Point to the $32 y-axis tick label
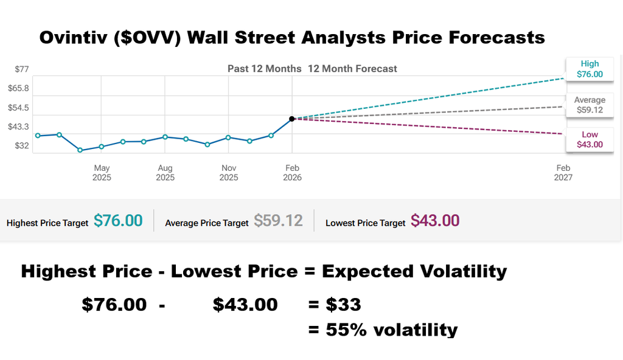point(22,145)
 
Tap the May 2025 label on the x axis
point(102,173)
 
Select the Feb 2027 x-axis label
point(563,173)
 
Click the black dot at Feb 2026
point(292,119)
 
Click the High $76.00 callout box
point(589,69)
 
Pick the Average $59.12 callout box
point(589,105)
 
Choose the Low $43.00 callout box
point(589,139)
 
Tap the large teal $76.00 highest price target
point(118,221)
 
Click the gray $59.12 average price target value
point(278,221)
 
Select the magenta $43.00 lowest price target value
point(435,221)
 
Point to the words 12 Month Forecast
point(352,69)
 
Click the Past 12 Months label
point(264,69)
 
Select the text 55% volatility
point(391,330)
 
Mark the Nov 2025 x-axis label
point(229,173)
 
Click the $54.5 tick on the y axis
point(18,108)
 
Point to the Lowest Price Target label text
point(365,223)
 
